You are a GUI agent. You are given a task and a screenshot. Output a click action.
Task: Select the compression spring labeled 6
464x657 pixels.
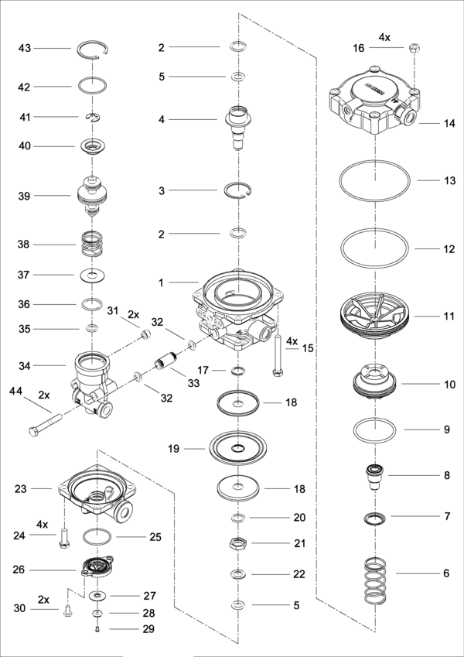(x=375, y=581)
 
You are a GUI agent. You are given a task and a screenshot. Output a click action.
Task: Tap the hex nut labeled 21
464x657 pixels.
(x=237, y=543)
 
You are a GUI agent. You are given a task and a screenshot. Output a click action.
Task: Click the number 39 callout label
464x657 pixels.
(x=24, y=196)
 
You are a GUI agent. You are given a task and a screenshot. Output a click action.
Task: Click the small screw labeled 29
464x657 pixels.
(x=97, y=629)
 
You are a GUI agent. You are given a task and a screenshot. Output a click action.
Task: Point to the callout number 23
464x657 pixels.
(x=21, y=488)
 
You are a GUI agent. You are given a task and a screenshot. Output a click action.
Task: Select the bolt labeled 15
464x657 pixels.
(x=276, y=354)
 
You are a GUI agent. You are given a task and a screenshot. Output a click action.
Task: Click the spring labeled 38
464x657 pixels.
(x=92, y=244)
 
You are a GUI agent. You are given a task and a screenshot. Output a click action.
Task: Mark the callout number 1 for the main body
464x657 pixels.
(x=161, y=282)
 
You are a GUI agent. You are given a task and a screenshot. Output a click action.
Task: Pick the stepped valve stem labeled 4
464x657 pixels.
(x=237, y=127)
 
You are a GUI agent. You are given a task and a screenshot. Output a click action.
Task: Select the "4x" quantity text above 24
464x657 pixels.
(x=43, y=525)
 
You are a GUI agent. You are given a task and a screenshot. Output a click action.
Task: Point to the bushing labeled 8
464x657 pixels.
(x=375, y=477)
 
